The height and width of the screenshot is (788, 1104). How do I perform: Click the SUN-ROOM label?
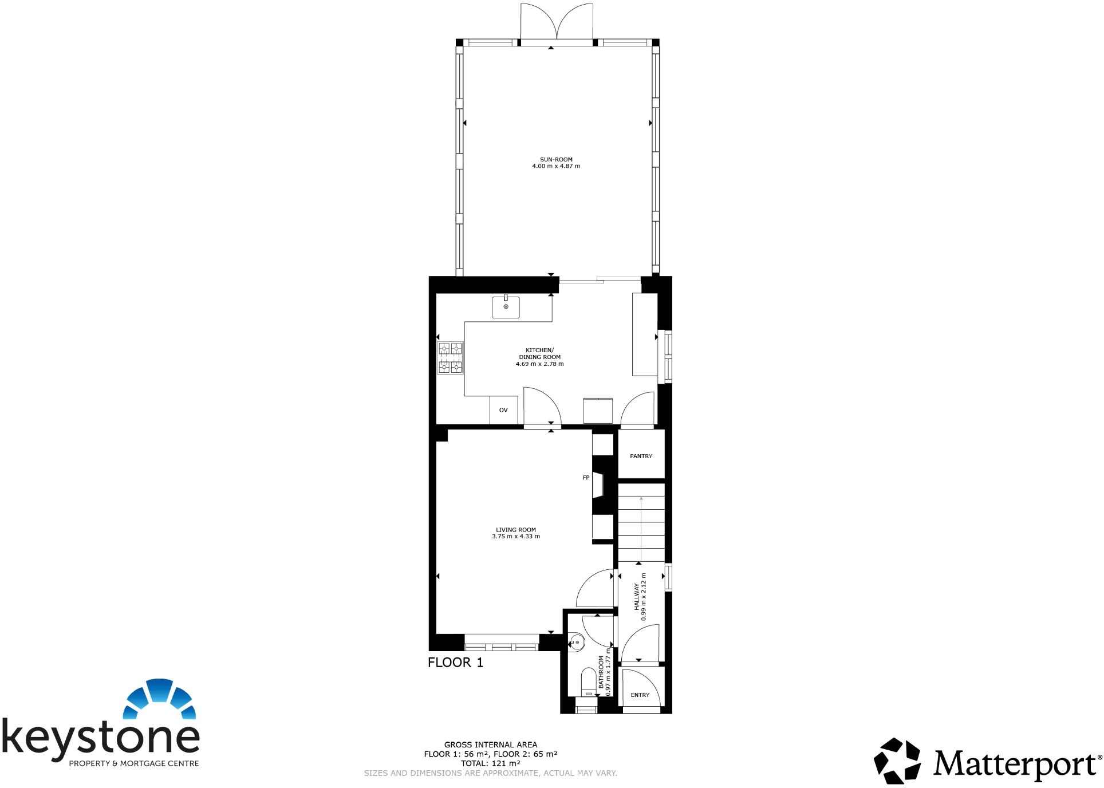(x=556, y=160)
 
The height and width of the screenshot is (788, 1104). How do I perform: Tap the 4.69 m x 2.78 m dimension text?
(x=539, y=364)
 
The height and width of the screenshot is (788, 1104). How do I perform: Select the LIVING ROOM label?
(x=516, y=530)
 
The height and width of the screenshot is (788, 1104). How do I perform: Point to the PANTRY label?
(x=641, y=456)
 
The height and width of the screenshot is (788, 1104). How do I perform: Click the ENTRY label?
(x=640, y=695)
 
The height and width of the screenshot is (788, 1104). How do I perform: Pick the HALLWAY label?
(x=636, y=597)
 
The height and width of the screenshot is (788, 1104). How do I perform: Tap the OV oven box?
(x=503, y=410)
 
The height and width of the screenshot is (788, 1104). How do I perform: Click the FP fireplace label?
(x=586, y=478)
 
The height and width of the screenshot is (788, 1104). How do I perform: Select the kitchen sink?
(x=506, y=307)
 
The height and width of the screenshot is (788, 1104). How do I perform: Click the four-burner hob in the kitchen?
(x=450, y=358)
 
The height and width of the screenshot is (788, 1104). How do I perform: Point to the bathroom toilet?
(x=589, y=682)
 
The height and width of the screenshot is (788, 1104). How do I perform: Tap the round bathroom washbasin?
(x=577, y=643)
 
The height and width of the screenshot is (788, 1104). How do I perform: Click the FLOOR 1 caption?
(x=455, y=663)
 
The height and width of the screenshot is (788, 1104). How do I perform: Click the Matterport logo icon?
(x=897, y=761)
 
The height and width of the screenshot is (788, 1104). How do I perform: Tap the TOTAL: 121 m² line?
(x=491, y=763)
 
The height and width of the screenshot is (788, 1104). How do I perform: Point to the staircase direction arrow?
(x=641, y=527)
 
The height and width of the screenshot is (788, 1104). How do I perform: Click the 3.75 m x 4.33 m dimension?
(x=516, y=537)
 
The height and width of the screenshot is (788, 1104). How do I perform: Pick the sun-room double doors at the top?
(x=556, y=23)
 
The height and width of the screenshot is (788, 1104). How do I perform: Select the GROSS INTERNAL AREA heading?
(x=491, y=745)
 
